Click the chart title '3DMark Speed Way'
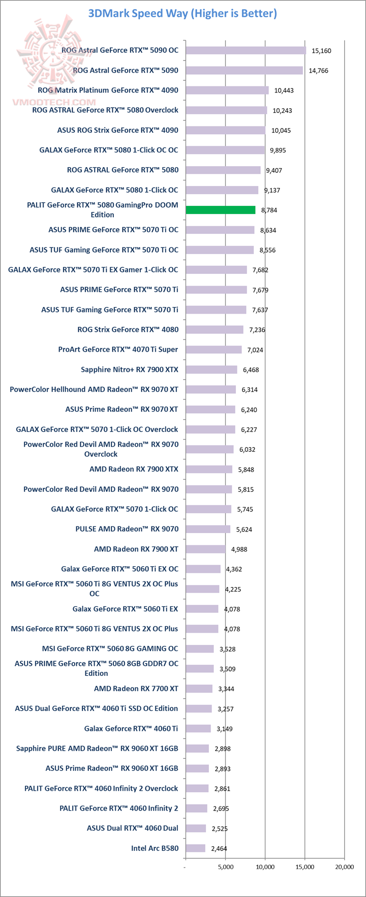[x=182, y=14]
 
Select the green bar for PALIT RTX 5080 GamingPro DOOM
[x=220, y=210]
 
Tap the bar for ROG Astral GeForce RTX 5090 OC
[x=246, y=50]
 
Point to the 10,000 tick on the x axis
[x=265, y=867]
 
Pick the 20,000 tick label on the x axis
[x=344, y=867]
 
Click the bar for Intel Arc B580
[x=195, y=848]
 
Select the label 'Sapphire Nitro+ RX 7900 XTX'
[x=130, y=369]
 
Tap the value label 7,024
[x=255, y=350]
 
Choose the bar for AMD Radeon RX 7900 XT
[x=205, y=549]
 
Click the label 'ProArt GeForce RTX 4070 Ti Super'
[x=118, y=349]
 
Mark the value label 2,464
[x=219, y=848]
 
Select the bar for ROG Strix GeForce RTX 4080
[x=214, y=329]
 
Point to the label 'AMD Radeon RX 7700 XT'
[x=136, y=689]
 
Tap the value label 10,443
[x=284, y=90]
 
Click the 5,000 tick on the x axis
[x=225, y=867]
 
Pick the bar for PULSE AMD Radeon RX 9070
[x=207, y=529]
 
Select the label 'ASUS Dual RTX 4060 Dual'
[x=132, y=828]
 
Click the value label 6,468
[x=251, y=369]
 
